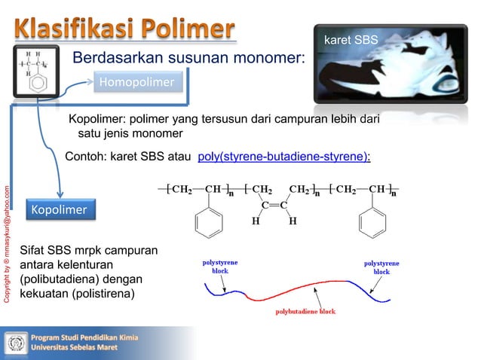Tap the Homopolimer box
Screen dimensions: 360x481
tap(137, 81)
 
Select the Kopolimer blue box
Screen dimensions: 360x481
tap(59, 209)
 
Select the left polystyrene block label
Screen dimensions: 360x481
tap(219, 266)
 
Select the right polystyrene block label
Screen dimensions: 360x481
tap(381, 267)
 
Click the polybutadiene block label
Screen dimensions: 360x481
tap(305, 310)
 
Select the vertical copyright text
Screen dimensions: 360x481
tap(7, 241)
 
